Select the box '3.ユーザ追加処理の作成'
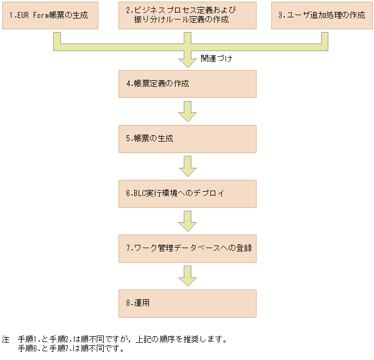click(322, 15)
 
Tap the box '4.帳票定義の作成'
click(187, 84)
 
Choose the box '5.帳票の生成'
click(187, 138)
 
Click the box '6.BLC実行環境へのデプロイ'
click(187, 193)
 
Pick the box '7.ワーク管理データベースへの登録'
click(187, 248)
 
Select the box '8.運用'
click(187, 303)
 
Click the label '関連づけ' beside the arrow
click(216, 58)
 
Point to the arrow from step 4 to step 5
click(187, 111)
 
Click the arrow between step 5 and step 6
click(187, 166)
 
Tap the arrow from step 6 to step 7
click(187, 221)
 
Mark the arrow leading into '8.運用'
click(187, 276)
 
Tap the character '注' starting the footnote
click(5, 339)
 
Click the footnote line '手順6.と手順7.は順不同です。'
click(71, 349)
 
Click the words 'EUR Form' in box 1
click(32, 15)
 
